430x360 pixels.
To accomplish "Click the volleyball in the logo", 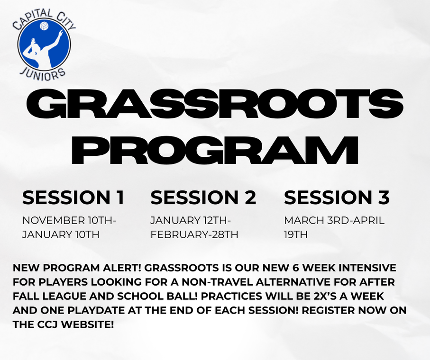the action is pyautogui.click(x=44, y=27).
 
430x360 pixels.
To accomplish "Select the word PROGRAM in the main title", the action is pyautogui.click(x=215, y=149).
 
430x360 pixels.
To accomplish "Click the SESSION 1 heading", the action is pyautogui.click(x=73, y=197).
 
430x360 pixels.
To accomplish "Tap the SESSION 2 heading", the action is pyautogui.click(x=203, y=197).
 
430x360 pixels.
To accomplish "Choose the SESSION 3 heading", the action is pyautogui.click(x=337, y=197).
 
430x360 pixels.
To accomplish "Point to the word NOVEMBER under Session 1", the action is pyautogui.click(x=54, y=220).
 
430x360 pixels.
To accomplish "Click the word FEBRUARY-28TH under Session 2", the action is pyautogui.click(x=194, y=235).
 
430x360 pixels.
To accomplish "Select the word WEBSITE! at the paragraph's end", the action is pyautogui.click(x=87, y=324).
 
